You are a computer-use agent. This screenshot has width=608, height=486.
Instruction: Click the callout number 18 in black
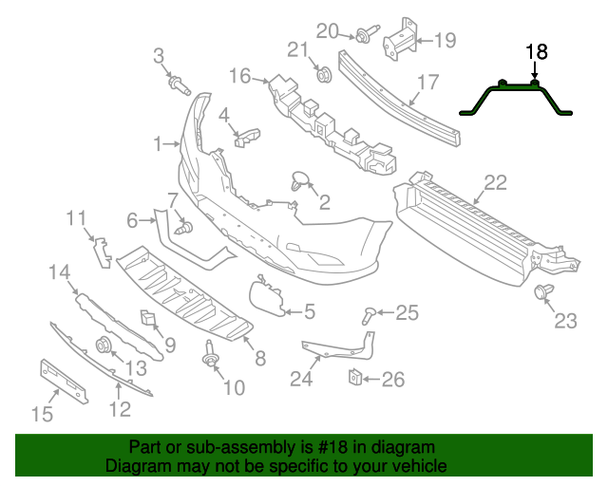536,52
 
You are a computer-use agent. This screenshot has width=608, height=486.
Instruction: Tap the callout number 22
495,182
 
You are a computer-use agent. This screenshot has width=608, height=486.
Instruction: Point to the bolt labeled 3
178,84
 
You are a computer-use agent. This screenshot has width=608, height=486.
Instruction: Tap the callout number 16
237,76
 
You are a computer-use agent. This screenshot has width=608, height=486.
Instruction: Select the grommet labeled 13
104,346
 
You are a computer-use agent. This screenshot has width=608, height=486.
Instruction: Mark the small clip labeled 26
351,378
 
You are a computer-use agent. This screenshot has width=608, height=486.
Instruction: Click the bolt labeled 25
370,312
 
